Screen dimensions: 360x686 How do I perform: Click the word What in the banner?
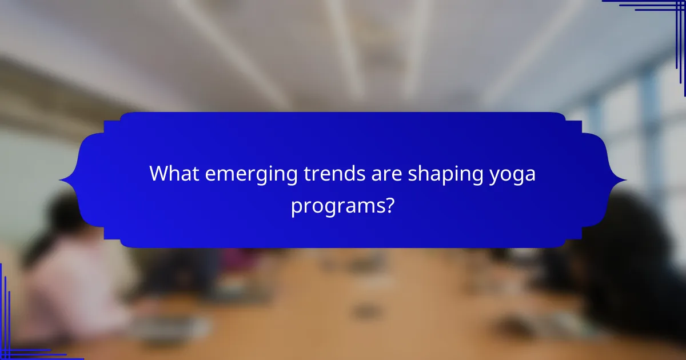171,174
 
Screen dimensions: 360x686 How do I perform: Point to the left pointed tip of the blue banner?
61,181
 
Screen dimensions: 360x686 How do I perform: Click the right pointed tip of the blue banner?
625,181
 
